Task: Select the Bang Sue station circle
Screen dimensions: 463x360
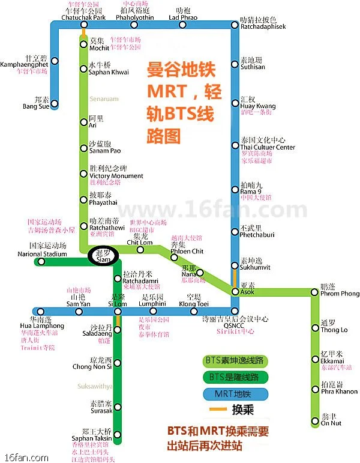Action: [55, 104]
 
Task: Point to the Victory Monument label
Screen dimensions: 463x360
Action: [116, 176]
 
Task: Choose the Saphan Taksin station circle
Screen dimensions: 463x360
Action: [117, 435]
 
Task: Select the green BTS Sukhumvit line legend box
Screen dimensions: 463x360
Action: [235, 361]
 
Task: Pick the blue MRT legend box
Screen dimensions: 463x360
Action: [235, 394]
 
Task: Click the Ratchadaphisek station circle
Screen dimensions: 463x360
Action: [235, 25]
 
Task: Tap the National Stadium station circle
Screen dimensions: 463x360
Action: [41, 262]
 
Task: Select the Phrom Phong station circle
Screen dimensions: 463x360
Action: [314, 293]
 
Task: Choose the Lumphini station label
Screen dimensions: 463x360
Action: [152, 304]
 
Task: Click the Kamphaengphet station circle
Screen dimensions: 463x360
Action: [55, 61]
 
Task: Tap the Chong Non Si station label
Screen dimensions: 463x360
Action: [92, 366]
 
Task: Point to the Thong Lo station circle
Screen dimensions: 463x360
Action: [314, 327]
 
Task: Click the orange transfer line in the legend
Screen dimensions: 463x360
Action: [217, 410]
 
